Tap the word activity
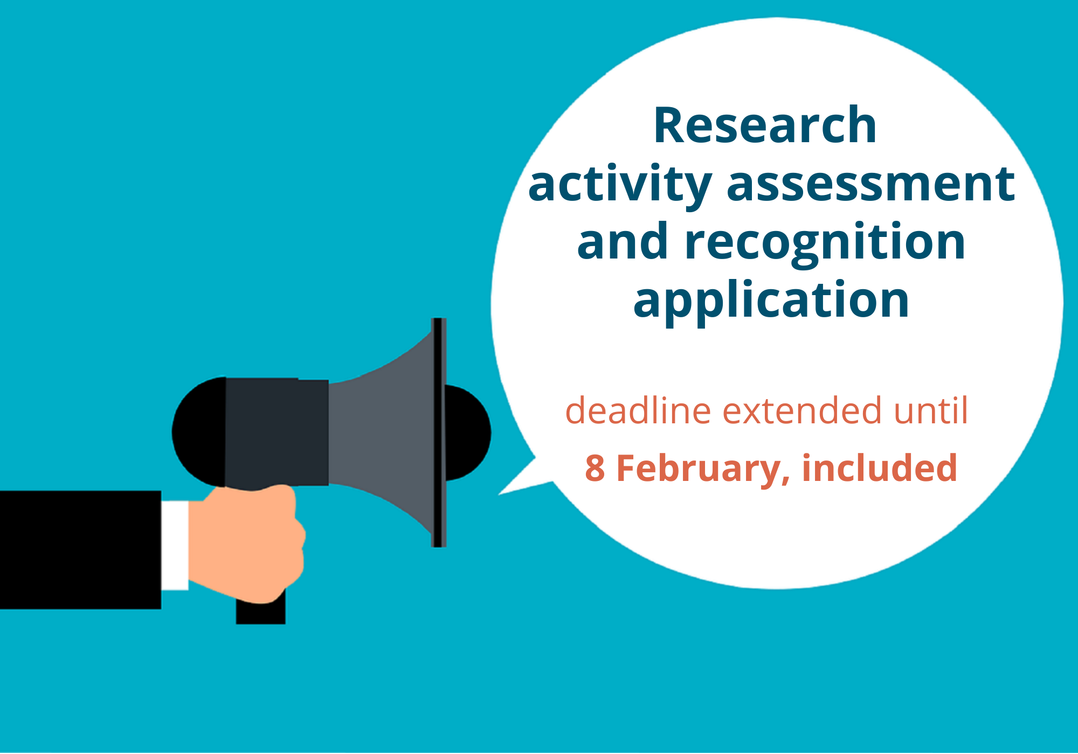pos(620,185)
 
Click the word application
pos(771,302)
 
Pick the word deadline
pos(638,410)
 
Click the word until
pos(931,410)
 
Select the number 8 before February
pos(595,468)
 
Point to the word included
pos(880,467)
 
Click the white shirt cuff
pos(175,545)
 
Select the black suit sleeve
pos(80,550)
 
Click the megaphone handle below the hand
pos(261,611)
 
